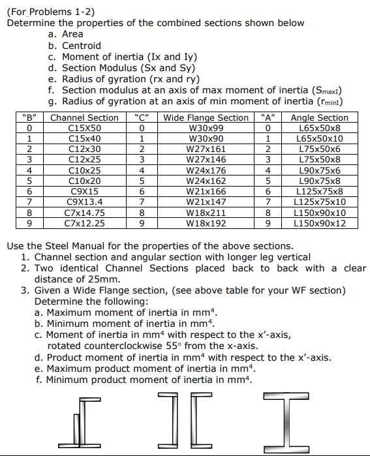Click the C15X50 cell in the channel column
tap(84, 129)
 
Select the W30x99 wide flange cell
tap(206, 129)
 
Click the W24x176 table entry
tap(206, 170)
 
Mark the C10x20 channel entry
tap(84, 181)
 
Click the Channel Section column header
tap(84, 118)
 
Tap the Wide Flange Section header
tap(206, 118)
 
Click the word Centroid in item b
tap(81, 46)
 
